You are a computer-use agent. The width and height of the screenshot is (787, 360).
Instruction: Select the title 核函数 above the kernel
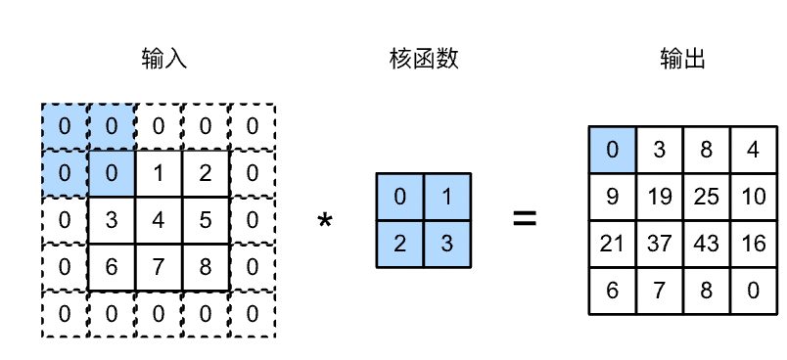[423, 61]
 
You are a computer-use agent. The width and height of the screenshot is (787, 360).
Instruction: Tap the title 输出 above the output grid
[683, 61]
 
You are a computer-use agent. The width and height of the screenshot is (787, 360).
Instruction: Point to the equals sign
[526, 219]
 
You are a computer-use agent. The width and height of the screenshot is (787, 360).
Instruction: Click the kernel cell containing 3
[447, 245]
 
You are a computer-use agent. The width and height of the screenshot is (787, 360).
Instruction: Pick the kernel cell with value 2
[400, 245]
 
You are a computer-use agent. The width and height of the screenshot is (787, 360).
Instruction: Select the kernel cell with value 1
[447, 198]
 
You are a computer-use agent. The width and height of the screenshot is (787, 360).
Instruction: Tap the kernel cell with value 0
[400, 198]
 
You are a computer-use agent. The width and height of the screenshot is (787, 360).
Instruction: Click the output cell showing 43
[707, 244]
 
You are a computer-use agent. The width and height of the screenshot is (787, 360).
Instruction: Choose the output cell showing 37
[660, 244]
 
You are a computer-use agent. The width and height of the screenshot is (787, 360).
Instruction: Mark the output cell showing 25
[707, 198]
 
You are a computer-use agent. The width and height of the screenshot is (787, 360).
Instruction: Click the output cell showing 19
[660, 198]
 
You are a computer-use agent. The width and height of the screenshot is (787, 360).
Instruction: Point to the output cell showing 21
[613, 244]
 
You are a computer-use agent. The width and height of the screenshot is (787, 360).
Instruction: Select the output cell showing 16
[754, 244]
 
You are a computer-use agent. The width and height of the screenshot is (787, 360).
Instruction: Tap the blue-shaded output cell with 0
[613, 151]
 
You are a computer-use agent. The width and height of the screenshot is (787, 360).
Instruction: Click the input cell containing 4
[159, 220]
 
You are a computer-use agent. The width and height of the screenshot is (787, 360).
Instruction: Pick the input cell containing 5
[206, 220]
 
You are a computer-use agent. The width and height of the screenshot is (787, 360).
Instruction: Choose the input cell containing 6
[112, 267]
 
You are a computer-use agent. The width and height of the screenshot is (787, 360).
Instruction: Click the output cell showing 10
[754, 198]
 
